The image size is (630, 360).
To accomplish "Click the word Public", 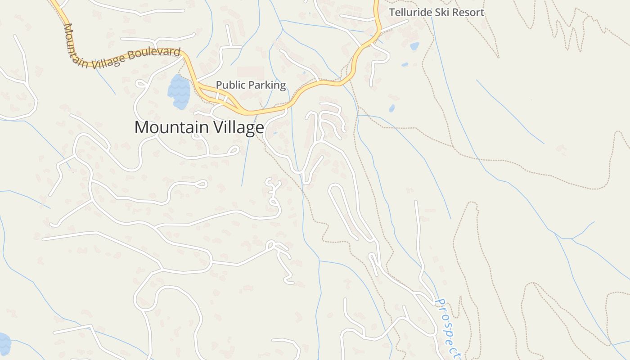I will click(229, 85).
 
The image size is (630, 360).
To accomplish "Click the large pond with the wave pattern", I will click(179, 92).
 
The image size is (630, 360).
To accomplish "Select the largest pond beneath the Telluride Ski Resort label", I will click(414, 46).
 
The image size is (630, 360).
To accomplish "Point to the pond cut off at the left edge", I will click(4, 344).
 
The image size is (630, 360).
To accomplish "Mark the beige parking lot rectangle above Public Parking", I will click(250, 73).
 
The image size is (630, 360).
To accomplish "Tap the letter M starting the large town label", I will click(141, 127).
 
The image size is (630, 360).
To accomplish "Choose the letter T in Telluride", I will click(392, 12).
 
